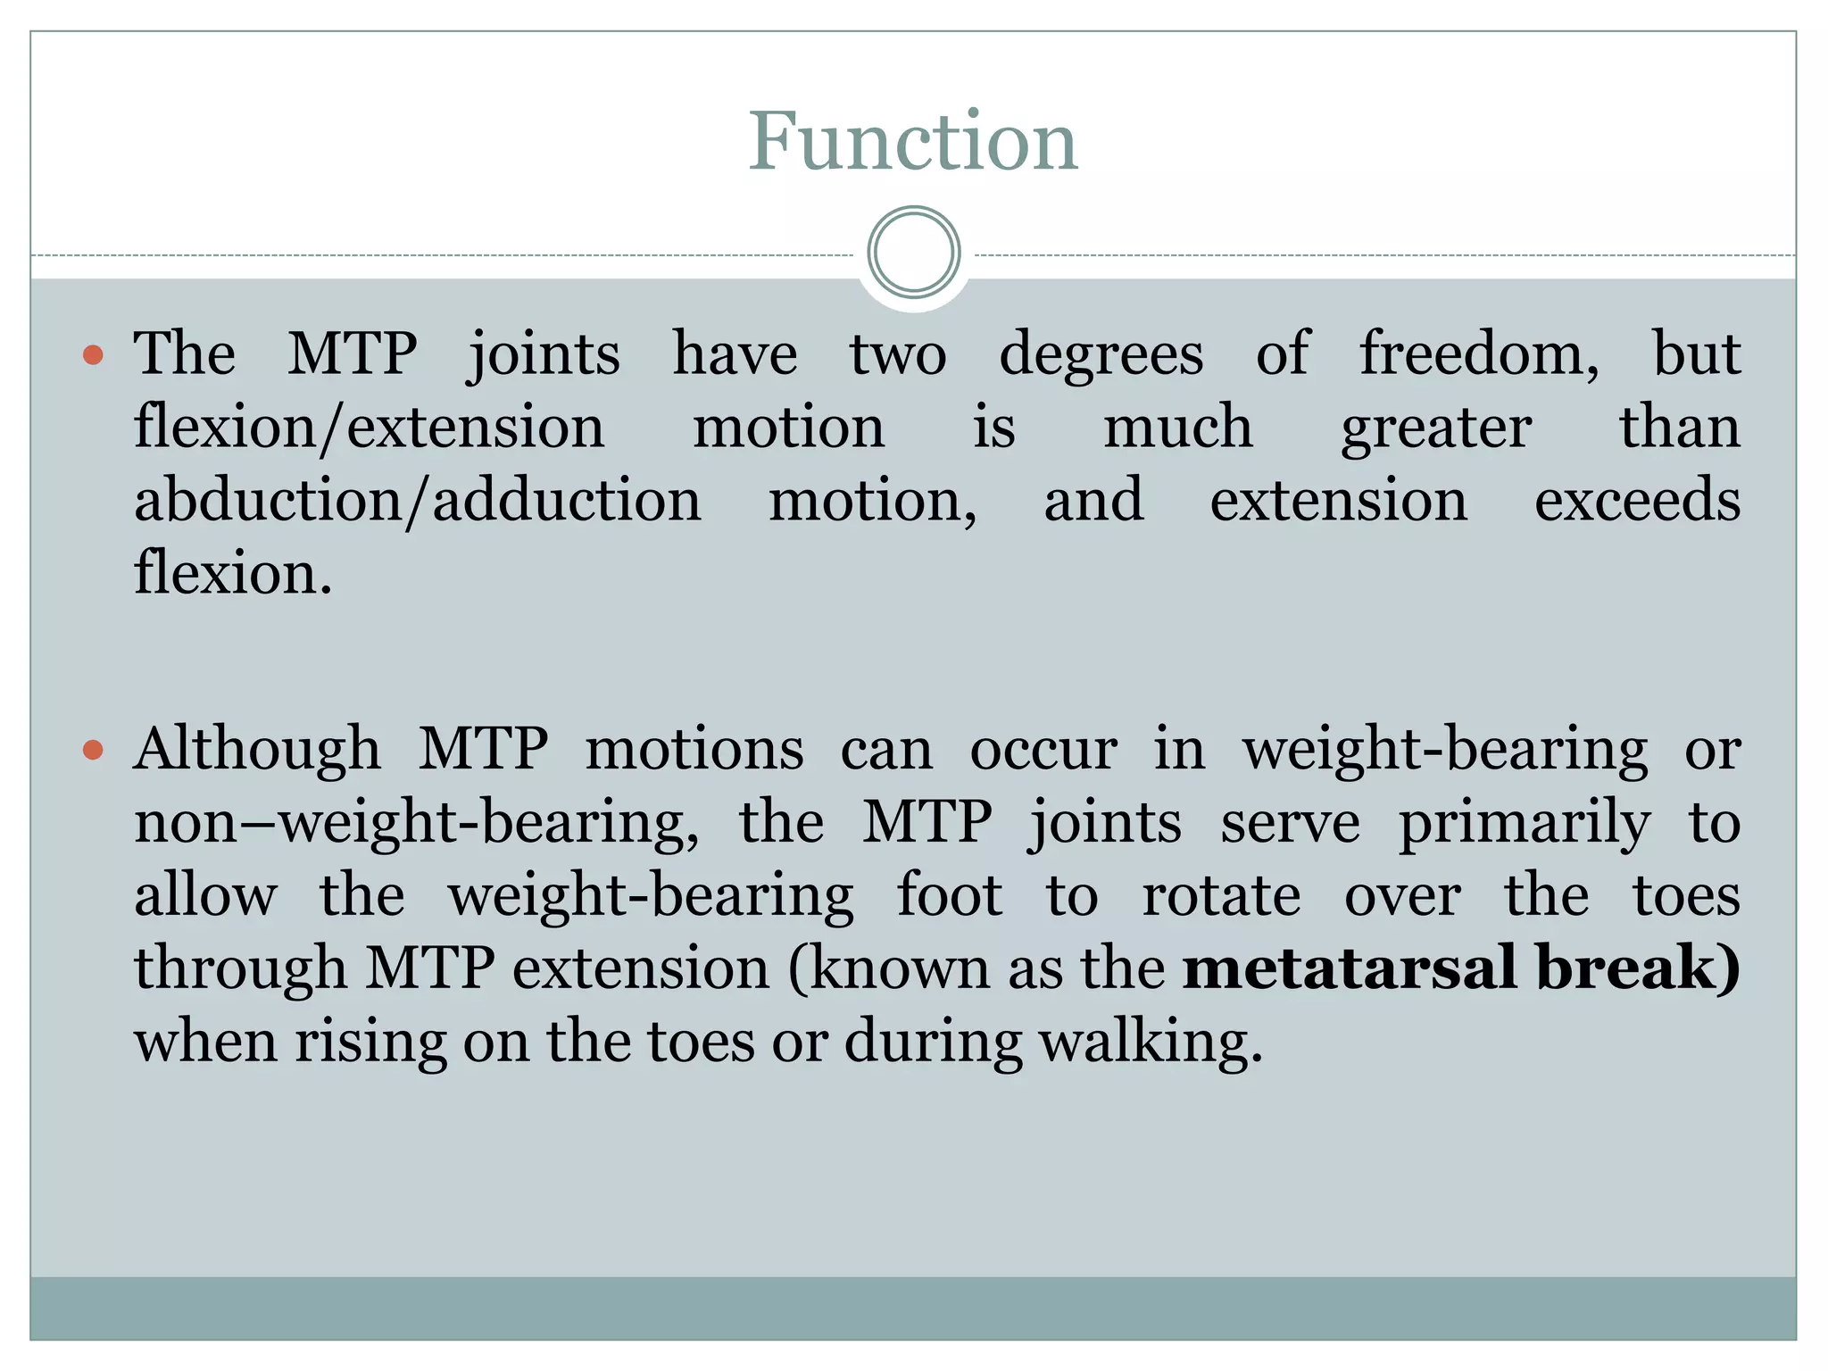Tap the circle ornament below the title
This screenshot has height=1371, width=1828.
click(x=913, y=253)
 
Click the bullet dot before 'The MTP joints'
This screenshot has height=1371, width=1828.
click(x=93, y=356)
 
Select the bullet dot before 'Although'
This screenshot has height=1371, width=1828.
click(x=93, y=750)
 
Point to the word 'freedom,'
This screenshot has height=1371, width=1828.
click(x=1479, y=353)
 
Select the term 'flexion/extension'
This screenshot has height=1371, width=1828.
click(x=370, y=428)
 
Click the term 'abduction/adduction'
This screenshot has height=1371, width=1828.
click(x=418, y=501)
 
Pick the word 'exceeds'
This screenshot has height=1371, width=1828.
click(x=1637, y=501)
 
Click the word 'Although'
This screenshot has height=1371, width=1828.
click(x=257, y=750)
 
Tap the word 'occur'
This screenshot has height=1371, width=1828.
click(x=1043, y=750)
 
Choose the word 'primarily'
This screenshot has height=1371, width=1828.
click(x=1524, y=824)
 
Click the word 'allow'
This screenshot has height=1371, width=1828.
click(x=205, y=896)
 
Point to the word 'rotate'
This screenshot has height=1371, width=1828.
click(x=1221, y=896)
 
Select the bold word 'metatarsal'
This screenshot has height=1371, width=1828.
click(x=1348, y=968)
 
